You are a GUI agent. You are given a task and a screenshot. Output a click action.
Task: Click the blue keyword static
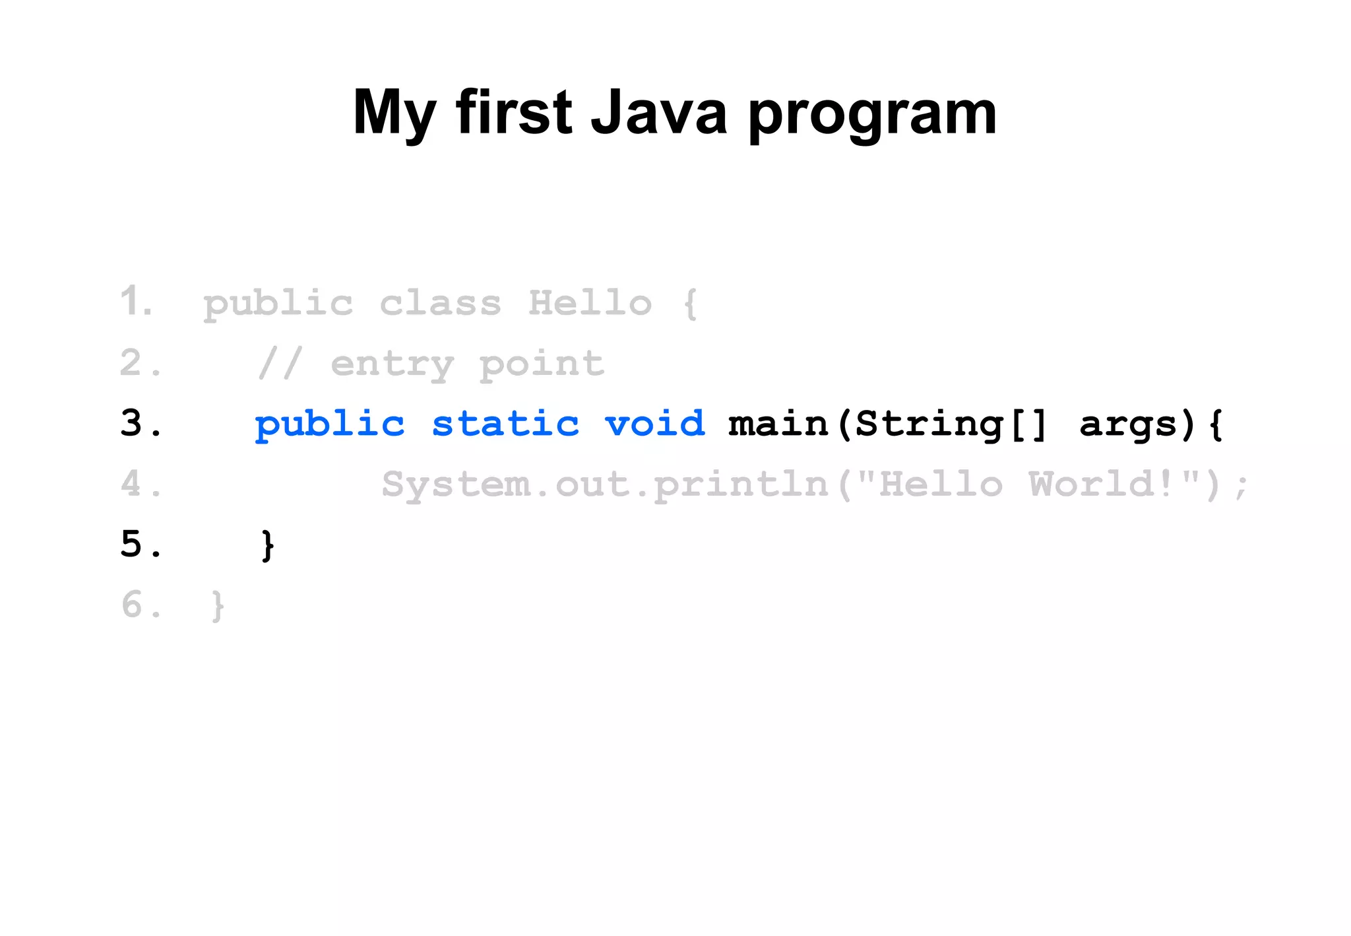click(505, 423)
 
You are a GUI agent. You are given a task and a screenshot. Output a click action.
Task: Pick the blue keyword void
click(654, 423)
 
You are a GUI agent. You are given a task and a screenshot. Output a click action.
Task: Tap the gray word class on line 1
click(440, 303)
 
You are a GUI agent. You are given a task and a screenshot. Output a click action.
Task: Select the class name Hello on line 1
click(590, 303)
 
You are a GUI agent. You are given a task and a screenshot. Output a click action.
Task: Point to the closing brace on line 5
click(267, 545)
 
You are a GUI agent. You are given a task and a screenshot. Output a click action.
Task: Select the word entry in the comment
click(393, 365)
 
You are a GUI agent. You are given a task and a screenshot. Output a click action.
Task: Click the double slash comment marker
click(280, 364)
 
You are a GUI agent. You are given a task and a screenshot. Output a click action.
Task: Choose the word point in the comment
click(541, 365)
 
